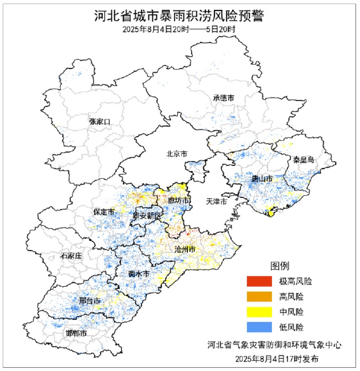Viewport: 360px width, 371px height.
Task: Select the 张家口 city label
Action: point(99,122)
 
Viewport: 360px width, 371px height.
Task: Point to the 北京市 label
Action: point(176,154)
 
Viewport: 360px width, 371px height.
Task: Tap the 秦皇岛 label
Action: point(303,159)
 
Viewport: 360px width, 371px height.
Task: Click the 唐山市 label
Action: point(262,179)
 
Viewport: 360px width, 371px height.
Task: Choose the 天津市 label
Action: point(216,201)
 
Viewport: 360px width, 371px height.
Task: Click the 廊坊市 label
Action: point(179,201)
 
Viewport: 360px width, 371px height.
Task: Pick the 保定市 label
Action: point(104,212)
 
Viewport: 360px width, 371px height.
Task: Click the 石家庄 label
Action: point(71,256)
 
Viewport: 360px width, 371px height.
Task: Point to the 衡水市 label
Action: point(139,274)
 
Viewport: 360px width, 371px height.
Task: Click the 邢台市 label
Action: point(89,302)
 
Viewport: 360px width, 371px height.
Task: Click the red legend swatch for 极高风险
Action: point(259,282)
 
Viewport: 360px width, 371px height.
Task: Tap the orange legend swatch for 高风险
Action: point(259,297)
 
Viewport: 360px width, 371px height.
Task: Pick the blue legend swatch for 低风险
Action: point(259,327)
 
